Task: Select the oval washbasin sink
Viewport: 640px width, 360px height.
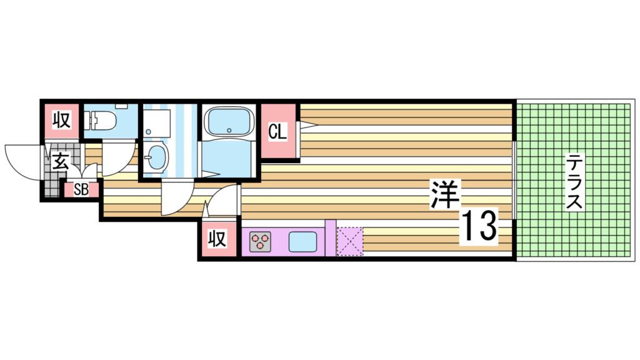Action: pyautogui.click(x=156, y=156)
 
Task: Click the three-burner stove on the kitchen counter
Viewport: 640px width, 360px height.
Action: pyautogui.click(x=260, y=241)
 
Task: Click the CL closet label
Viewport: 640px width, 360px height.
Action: pyautogui.click(x=277, y=132)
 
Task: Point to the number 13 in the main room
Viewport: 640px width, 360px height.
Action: pyautogui.click(x=479, y=226)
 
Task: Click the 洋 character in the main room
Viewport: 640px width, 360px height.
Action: pyautogui.click(x=444, y=194)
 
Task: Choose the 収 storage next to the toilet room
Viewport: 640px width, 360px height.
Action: pyautogui.click(x=60, y=119)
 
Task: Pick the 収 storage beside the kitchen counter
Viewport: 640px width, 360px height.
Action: pyautogui.click(x=217, y=238)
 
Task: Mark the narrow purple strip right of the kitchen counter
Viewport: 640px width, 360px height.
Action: pyautogui.click(x=330, y=237)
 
